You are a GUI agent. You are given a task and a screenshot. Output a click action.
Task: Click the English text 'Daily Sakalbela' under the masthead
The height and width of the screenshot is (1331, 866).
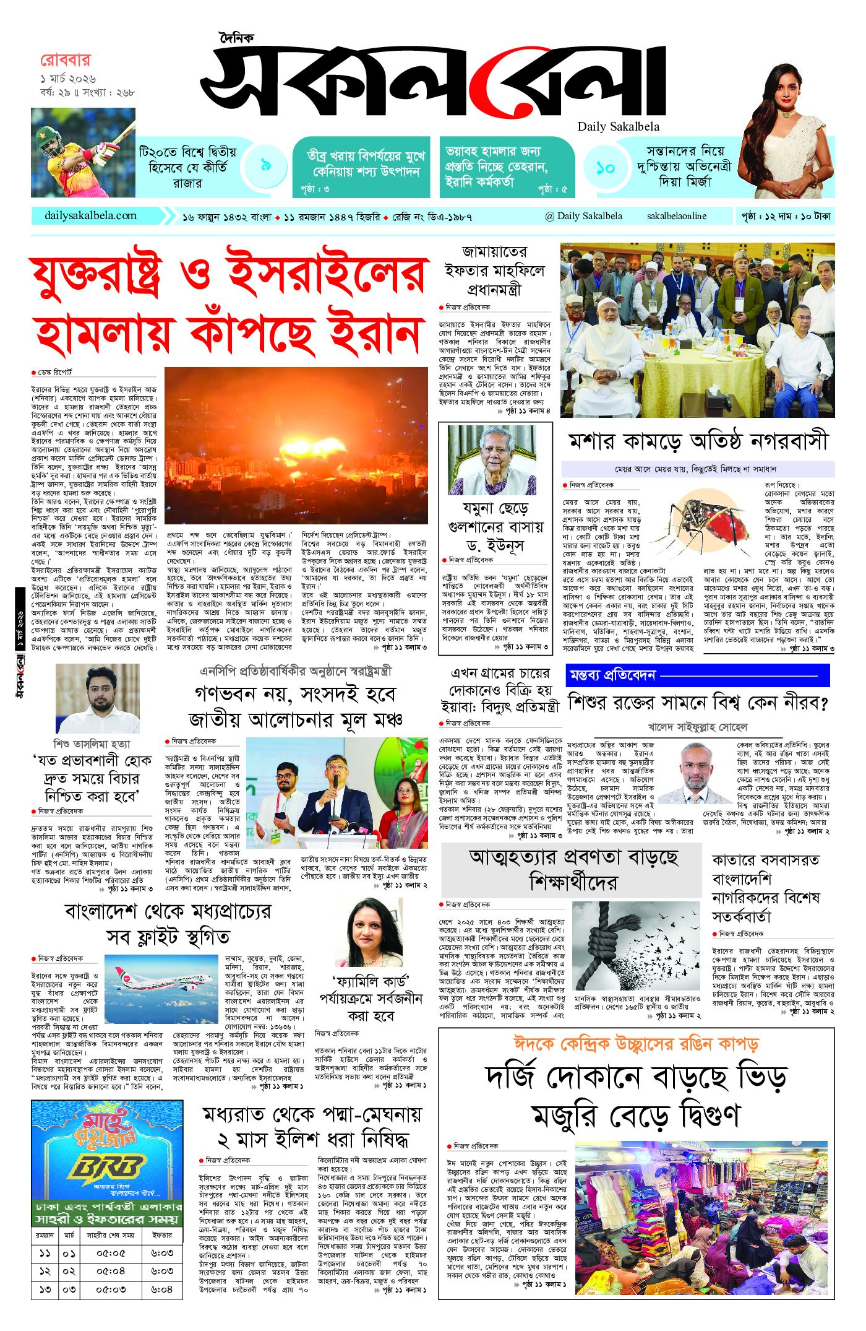[618, 126]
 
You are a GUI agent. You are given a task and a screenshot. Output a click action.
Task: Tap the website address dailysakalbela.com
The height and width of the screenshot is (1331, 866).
[90, 216]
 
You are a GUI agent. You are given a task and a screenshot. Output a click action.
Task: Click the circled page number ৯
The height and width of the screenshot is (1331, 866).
[265, 165]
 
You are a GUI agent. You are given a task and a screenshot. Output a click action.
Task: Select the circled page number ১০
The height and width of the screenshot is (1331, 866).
[605, 168]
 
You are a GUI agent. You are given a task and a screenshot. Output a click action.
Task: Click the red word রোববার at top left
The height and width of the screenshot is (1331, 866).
[65, 61]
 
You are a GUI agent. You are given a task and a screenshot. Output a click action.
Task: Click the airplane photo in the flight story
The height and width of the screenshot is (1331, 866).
[162, 987]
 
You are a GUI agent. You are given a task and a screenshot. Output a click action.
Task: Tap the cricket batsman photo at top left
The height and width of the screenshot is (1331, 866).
[83, 152]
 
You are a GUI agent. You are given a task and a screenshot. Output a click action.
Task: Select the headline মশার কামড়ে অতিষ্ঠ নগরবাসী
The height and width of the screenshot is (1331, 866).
[697, 441]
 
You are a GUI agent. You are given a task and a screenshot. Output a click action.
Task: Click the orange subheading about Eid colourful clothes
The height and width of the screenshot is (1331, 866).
[636, 1044]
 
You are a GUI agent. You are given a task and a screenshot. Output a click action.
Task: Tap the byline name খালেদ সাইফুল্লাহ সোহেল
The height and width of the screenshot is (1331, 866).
[697, 727]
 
